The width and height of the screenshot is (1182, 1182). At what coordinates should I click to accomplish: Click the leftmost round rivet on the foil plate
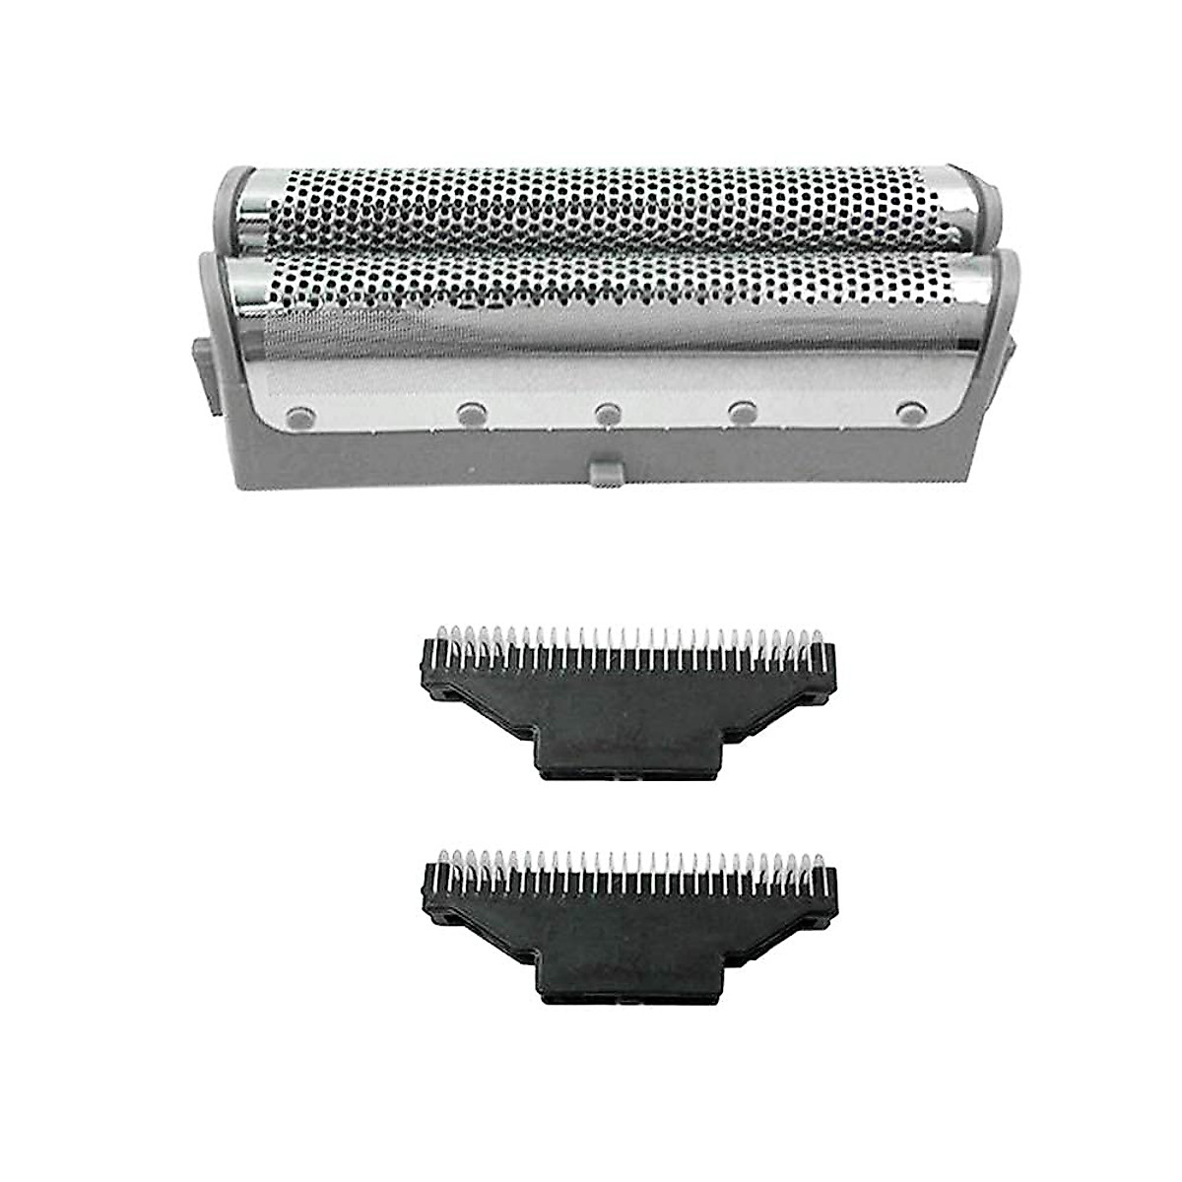295,416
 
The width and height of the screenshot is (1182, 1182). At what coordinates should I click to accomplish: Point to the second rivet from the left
469,416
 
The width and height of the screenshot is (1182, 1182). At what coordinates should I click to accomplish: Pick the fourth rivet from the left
743,411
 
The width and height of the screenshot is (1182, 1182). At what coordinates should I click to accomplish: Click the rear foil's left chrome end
253,207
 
